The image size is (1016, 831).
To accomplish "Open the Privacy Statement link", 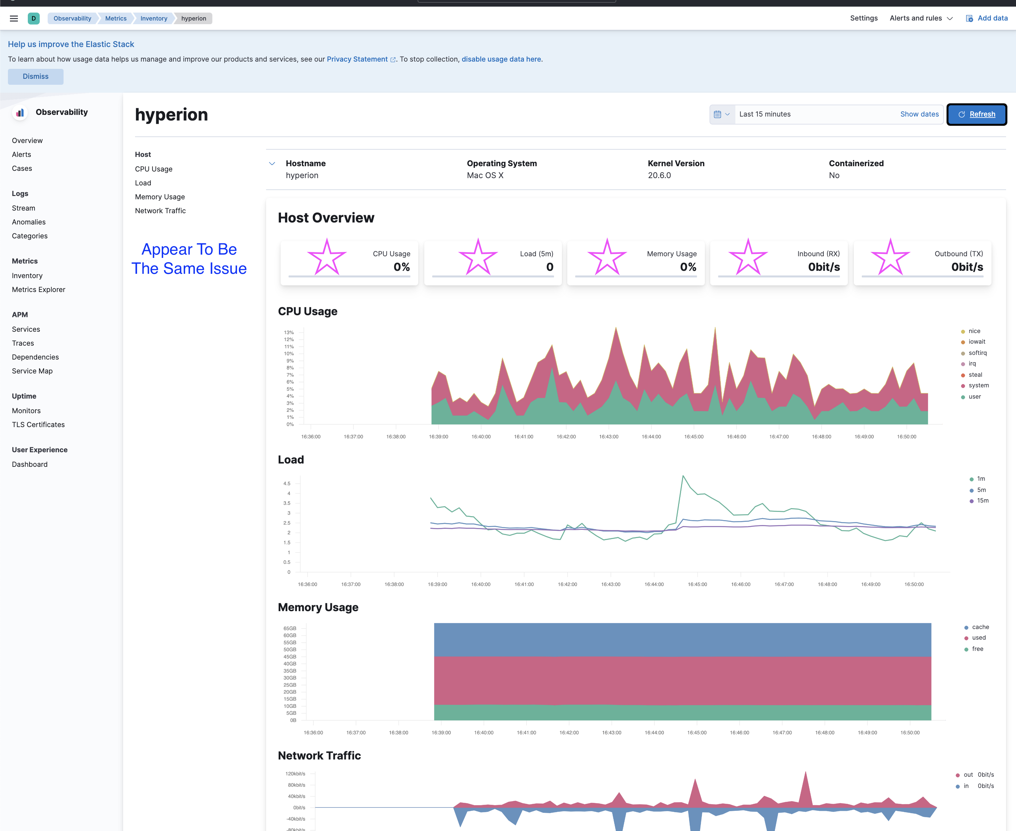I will click(357, 59).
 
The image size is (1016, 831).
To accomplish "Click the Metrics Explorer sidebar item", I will click(38, 290).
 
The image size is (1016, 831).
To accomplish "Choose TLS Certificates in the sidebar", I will click(38, 424).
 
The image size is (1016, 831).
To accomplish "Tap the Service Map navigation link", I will click(32, 371).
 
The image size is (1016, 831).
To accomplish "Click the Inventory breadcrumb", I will click(154, 19).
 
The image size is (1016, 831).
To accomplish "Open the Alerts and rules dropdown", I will click(921, 18).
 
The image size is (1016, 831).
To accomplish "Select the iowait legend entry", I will click(976, 342).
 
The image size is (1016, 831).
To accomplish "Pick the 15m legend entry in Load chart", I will click(982, 501).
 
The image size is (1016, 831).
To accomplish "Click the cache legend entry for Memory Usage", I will click(980, 627).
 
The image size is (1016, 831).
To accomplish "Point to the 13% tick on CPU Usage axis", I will click(289, 332).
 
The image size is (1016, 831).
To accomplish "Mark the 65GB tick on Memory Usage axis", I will click(290, 628).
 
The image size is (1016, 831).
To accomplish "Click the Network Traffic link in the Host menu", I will click(160, 211).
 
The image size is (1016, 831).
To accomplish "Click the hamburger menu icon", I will click(14, 19).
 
